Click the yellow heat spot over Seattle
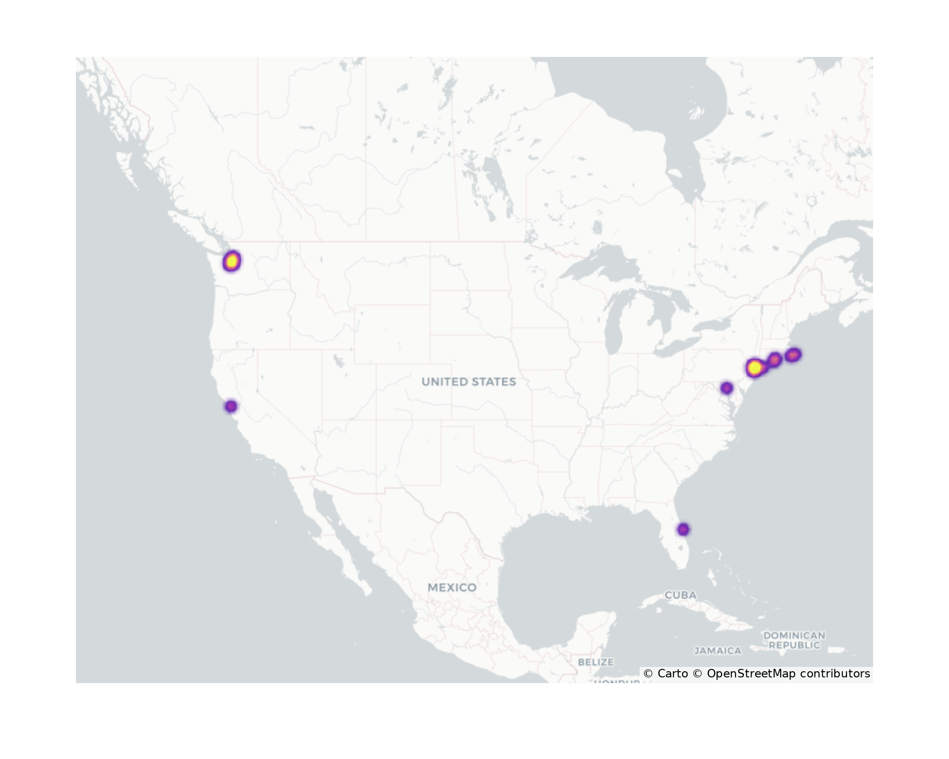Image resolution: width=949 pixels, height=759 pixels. [232, 261]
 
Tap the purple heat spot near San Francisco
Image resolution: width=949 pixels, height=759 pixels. [231, 407]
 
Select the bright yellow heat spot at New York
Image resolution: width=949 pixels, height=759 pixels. [754, 368]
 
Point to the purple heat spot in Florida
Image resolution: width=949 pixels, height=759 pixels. [683, 529]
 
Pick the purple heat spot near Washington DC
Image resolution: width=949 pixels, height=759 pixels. [726, 388]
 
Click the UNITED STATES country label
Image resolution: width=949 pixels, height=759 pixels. [468, 382]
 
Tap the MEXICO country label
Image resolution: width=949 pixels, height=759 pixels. [452, 587]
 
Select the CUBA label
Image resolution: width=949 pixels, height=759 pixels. [680, 595]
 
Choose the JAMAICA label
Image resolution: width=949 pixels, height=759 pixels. [717, 651]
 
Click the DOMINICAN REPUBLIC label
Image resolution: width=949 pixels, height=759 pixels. [794, 640]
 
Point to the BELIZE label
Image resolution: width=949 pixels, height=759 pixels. [595, 662]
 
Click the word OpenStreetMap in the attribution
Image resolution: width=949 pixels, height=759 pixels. [751, 674]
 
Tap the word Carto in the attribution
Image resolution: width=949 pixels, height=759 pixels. [672, 674]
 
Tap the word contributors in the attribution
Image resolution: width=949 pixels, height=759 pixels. [835, 674]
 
